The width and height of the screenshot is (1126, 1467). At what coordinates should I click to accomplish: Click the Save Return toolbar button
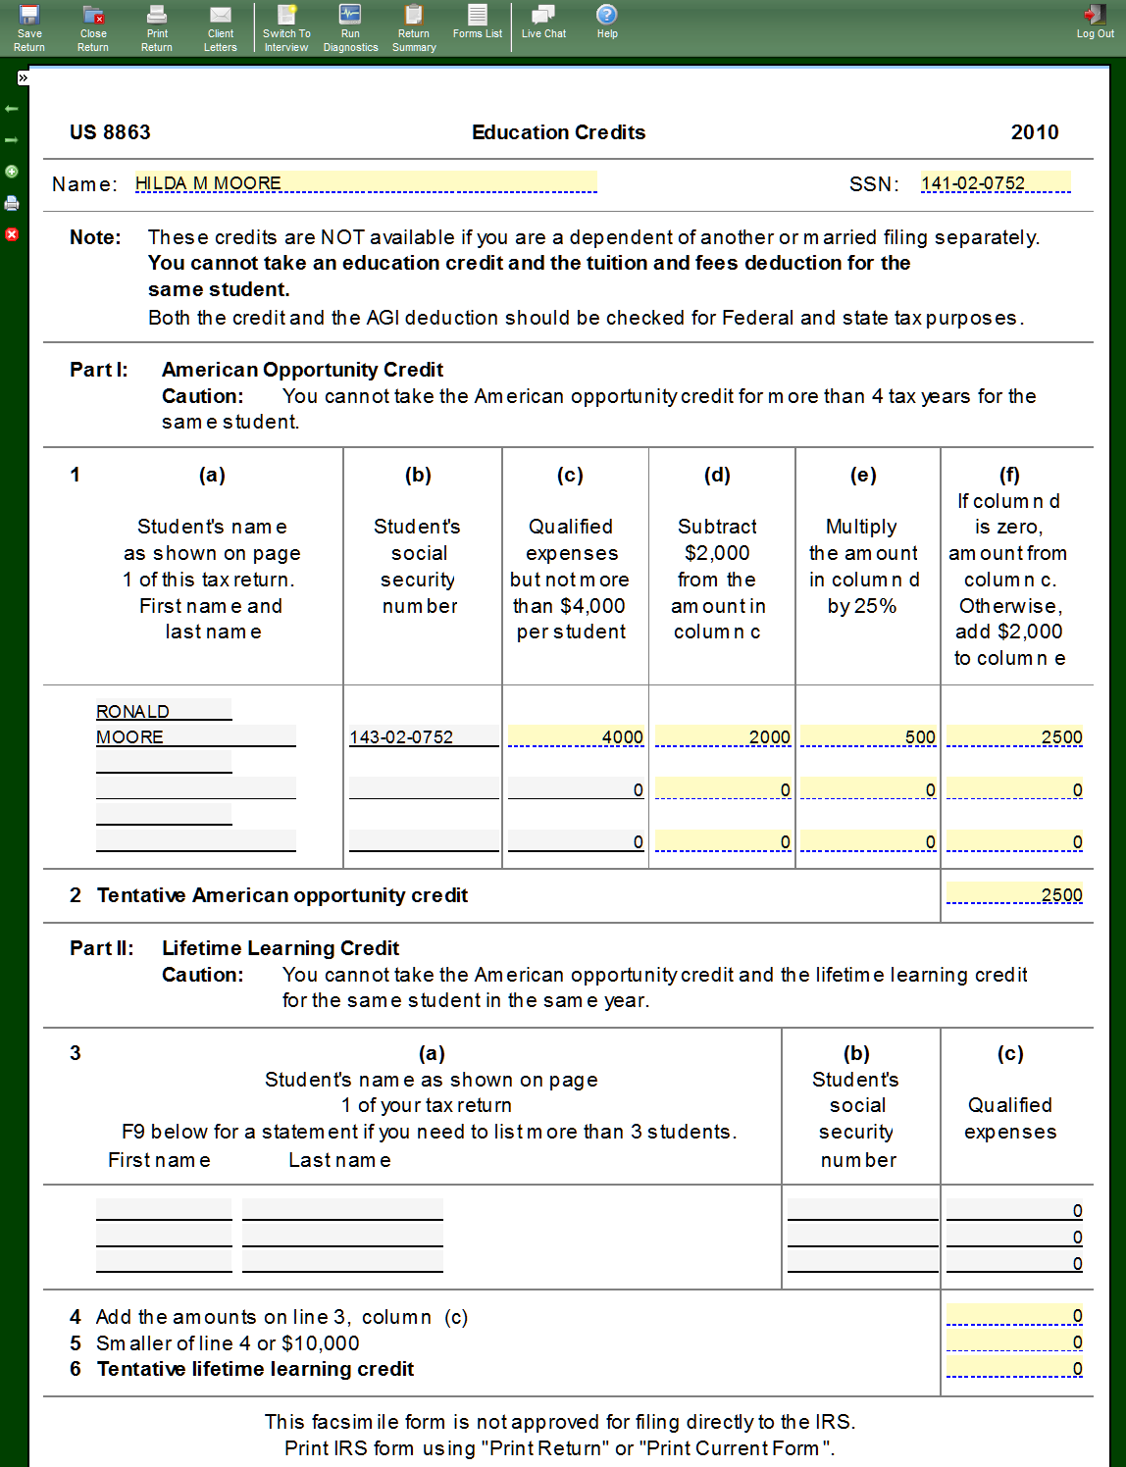click(x=29, y=27)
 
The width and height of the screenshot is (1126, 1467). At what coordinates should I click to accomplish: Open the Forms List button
click(x=478, y=22)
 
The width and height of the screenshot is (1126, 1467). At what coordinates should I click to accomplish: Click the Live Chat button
click(x=543, y=22)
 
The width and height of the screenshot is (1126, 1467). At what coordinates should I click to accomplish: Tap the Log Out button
click(x=1095, y=22)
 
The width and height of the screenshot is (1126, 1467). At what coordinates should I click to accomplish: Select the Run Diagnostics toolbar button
click(x=350, y=27)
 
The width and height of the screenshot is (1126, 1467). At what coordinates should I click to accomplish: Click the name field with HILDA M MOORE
click(x=365, y=183)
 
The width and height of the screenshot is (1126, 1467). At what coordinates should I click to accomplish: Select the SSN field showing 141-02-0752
click(x=995, y=183)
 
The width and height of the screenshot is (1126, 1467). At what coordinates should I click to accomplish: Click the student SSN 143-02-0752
click(x=423, y=736)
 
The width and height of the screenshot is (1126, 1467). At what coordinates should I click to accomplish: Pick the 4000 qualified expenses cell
click(x=576, y=736)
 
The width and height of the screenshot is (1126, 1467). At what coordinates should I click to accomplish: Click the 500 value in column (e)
click(x=867, y=736)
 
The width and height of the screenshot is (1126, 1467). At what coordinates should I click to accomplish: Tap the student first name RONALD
click(x=163, y=711)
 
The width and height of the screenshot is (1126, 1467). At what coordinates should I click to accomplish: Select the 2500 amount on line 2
click(x=1014, y=894)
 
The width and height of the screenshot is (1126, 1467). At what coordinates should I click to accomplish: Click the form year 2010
click(x=1035, y=132)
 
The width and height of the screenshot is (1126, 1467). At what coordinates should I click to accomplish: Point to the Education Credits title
click(x=558, y=132)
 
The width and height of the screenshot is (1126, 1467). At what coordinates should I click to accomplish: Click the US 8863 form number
click(x=110, y=132)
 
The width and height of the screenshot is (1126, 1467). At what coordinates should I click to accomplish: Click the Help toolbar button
click(x=607, y=22)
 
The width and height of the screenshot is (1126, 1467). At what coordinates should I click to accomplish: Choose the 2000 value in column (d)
click(x=722, y=736)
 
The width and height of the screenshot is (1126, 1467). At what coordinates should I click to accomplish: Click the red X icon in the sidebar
click(x=12, y=234)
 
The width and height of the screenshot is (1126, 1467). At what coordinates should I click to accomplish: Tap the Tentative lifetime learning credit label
click(x=255, y=1369)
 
